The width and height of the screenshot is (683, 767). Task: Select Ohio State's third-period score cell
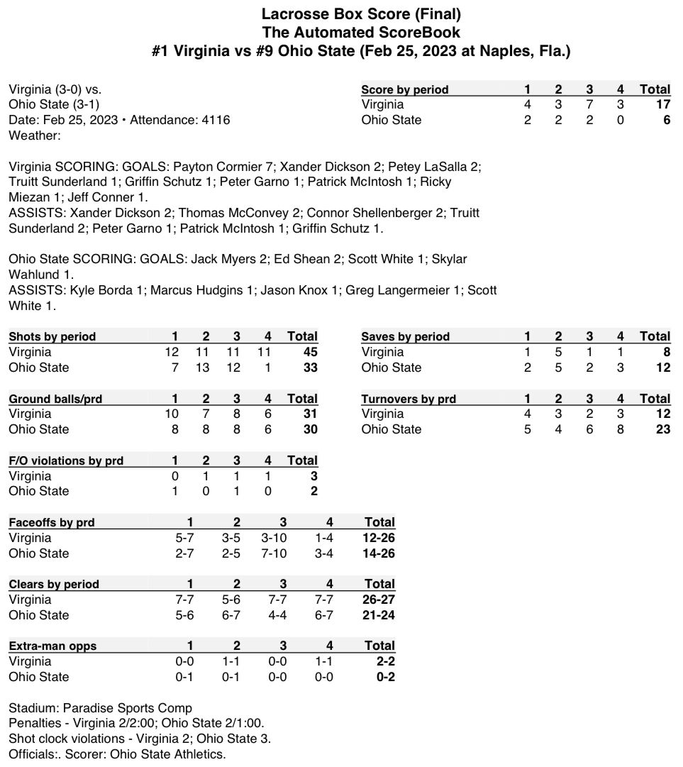[590, 120]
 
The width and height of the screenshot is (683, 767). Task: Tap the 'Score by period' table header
[404, 89]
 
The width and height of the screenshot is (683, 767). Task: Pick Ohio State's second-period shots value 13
[204, 368]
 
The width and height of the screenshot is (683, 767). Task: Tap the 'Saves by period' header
[405, 336]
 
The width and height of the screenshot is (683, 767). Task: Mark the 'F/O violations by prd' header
[66, 460]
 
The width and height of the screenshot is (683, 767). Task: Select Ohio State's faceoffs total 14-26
[379, 553]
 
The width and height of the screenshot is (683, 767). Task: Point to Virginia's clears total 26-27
[379, 600]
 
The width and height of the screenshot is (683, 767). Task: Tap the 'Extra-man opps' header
[52, 646]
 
